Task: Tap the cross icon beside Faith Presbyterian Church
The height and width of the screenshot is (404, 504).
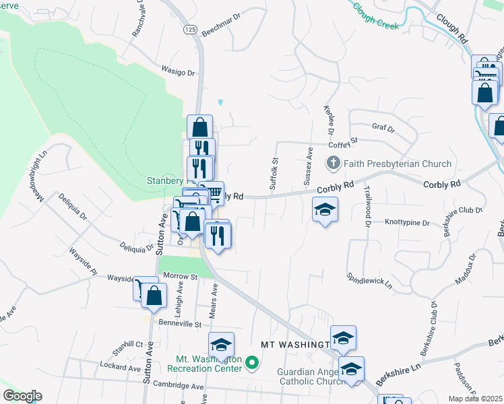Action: (x=332, y=163)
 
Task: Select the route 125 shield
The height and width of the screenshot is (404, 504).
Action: (x=190, y=30)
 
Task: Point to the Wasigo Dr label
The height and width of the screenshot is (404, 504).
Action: (x=178, y=69)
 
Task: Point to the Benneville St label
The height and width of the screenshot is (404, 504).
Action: (x=180, y=324)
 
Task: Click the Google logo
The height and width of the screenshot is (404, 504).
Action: (x=22, y=396)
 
